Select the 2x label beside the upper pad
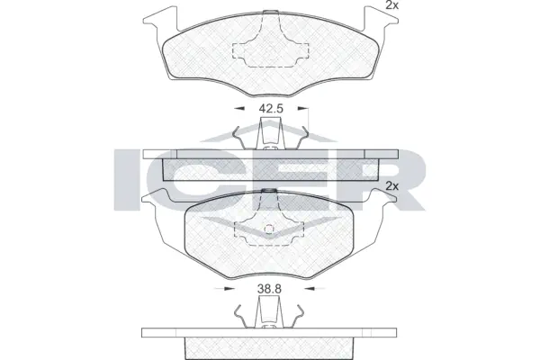click(x=391, y=6)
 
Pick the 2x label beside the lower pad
click(x=391, y=185)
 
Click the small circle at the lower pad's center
click(x=269, y=226)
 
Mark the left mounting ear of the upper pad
click(x=156, y=17)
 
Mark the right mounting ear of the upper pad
click(x=383, y=17)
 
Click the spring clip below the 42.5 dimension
click(x=269, y=135)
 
